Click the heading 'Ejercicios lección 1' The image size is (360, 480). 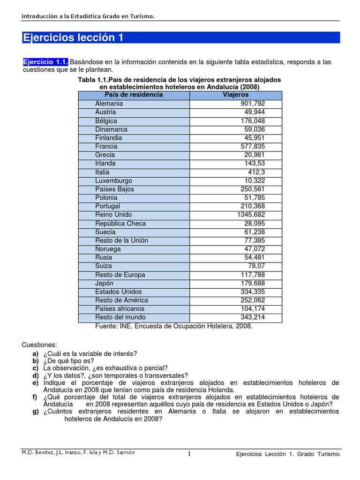coord(74,38)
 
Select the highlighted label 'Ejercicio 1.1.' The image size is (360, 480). coord(45,62)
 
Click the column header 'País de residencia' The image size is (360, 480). coord(134,95)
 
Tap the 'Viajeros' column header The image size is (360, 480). coord(235,95)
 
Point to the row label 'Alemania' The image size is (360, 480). coord(109,104)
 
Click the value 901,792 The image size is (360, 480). coord(265,104)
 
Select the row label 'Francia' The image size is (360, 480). coord(106,146)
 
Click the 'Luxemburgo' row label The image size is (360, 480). coord(113,180)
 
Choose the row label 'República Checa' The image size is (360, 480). coord(120,224)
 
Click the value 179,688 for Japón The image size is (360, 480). coord(265,283)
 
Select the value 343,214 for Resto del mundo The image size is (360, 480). coord(265,317)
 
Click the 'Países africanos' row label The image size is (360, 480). coord(120,309)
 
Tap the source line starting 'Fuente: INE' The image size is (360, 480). coord(173,326)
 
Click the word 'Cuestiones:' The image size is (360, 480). coord(39,345)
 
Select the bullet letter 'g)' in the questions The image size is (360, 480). coord(36,411)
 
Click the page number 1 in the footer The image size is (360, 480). coord(189,454)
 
